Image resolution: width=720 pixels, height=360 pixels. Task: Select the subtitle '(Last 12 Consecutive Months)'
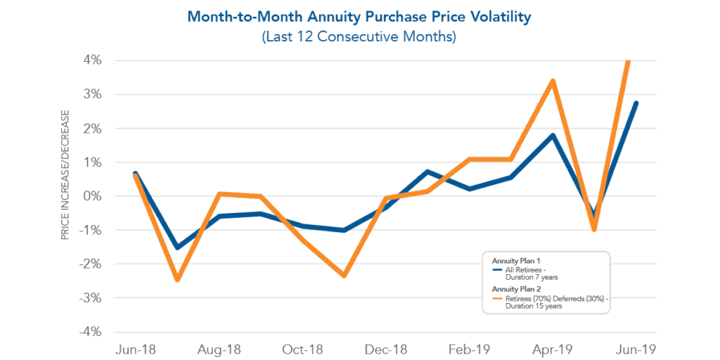[359, 37]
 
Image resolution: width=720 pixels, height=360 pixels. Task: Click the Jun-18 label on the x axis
[135, 349]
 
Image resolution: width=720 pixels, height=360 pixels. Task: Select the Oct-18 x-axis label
[302, 349]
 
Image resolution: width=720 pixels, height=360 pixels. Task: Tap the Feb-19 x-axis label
[470, 349]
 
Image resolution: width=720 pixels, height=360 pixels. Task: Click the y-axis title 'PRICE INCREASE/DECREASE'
[65, 174]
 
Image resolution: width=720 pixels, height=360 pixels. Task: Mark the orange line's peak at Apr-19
[553, 81]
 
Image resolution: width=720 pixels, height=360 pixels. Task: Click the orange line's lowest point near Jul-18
[177, 280]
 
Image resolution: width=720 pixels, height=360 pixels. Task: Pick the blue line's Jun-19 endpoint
[636, 103]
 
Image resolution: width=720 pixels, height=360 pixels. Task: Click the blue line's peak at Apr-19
[553, 135]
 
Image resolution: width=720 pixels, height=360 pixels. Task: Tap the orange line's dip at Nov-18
[345, 276]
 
